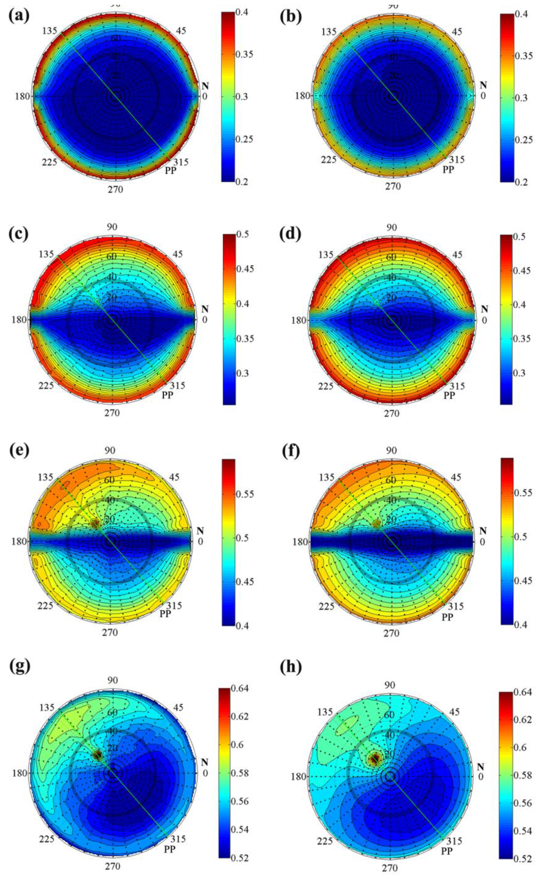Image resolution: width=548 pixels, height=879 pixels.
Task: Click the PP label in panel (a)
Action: [x=170, y=170]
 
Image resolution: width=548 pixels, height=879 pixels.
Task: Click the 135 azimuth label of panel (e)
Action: [x=45, y=477]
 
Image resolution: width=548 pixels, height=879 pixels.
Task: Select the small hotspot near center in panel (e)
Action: [x=95, y=523]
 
